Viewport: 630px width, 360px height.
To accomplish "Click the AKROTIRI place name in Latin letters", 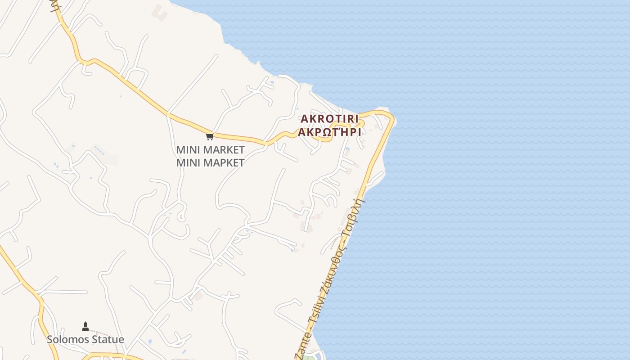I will (x=329, y=119).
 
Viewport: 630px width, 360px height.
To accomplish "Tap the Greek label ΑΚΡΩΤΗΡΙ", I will (x=329, y=132).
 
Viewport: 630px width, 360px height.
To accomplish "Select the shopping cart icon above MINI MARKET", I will (x=210, y=136).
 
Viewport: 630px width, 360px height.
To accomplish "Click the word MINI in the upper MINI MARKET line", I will (x=189, y=150).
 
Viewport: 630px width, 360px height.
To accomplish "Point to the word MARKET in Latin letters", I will (x=222, y=150).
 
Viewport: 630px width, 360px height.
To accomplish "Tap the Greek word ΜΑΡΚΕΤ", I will (x=222, y=162).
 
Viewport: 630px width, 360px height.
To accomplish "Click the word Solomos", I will (x=67, y=339).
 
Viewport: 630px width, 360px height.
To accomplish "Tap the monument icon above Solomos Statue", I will (x=85, y=326).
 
